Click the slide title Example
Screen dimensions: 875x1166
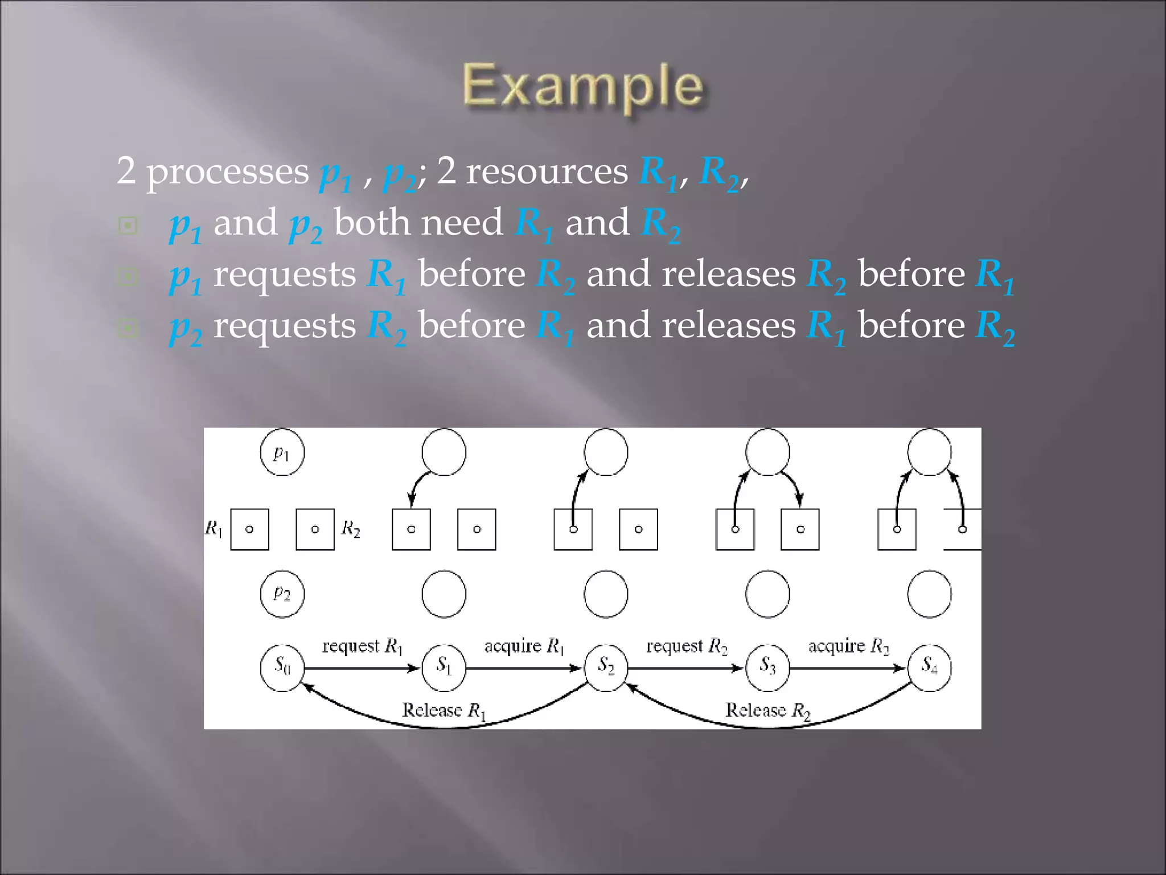click(583, 87)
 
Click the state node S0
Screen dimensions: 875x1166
click(282, 667)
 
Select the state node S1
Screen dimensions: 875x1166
click(444, 667)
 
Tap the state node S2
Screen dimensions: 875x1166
click(606, 667)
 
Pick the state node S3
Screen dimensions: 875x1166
click(767, 667)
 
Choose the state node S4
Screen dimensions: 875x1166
click(929, 667)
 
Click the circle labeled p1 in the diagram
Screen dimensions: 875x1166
click(282, 453)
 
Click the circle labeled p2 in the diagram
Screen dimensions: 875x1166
click(282, 594)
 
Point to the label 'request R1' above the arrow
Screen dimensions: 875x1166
click(362, 647)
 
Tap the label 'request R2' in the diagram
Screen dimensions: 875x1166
click(687, 647)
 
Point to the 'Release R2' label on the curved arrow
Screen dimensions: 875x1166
click(767, 711)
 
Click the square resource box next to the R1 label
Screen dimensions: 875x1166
click(249, 529)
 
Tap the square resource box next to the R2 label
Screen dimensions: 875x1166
click(315, 529)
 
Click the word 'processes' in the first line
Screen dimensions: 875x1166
click(228, 171)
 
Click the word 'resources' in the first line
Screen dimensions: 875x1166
click(547, 171)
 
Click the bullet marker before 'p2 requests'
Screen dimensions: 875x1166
click(128, 328)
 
